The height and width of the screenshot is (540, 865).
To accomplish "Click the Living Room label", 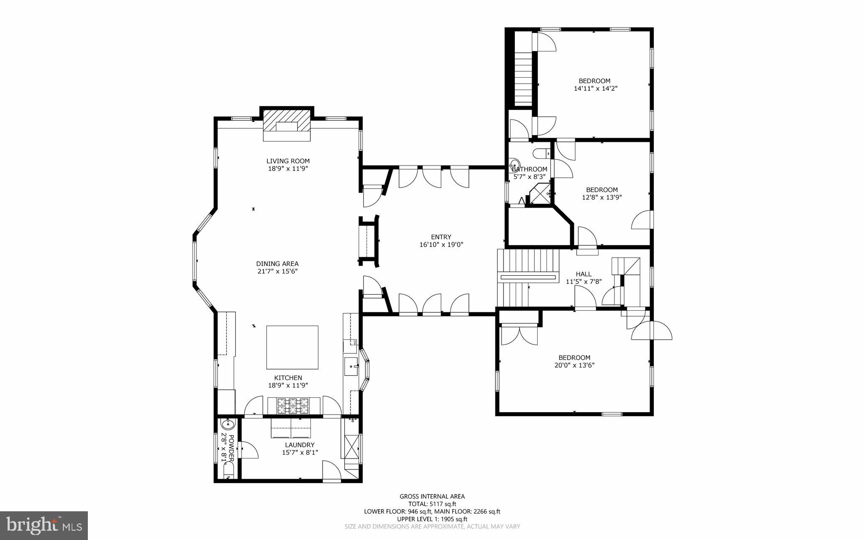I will pos(288,161).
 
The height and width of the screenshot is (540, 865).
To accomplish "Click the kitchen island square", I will pos(292,347).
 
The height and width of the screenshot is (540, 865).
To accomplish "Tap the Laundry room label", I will pos(299,445).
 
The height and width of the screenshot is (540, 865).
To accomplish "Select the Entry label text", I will pos(441,237).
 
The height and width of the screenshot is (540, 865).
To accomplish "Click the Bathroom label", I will pos(529,169).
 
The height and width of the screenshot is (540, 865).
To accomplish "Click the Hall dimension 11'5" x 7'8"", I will pos(583,282).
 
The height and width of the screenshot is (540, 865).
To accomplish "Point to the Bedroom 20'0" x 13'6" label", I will pos(574,358).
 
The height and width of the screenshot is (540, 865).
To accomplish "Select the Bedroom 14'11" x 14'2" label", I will pos(594,81).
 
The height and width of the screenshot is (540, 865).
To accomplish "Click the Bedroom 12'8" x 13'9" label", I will pos(601,190).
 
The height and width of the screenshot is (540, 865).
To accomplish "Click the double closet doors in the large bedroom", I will pos(519,336).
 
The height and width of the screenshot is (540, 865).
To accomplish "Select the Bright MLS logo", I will pos(44,525).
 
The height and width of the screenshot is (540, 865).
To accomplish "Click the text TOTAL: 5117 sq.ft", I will pos(432,504).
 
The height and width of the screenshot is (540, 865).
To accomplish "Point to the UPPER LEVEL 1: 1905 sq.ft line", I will pos(432,519).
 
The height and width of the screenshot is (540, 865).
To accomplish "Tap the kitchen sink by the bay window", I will pos(351,366).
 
